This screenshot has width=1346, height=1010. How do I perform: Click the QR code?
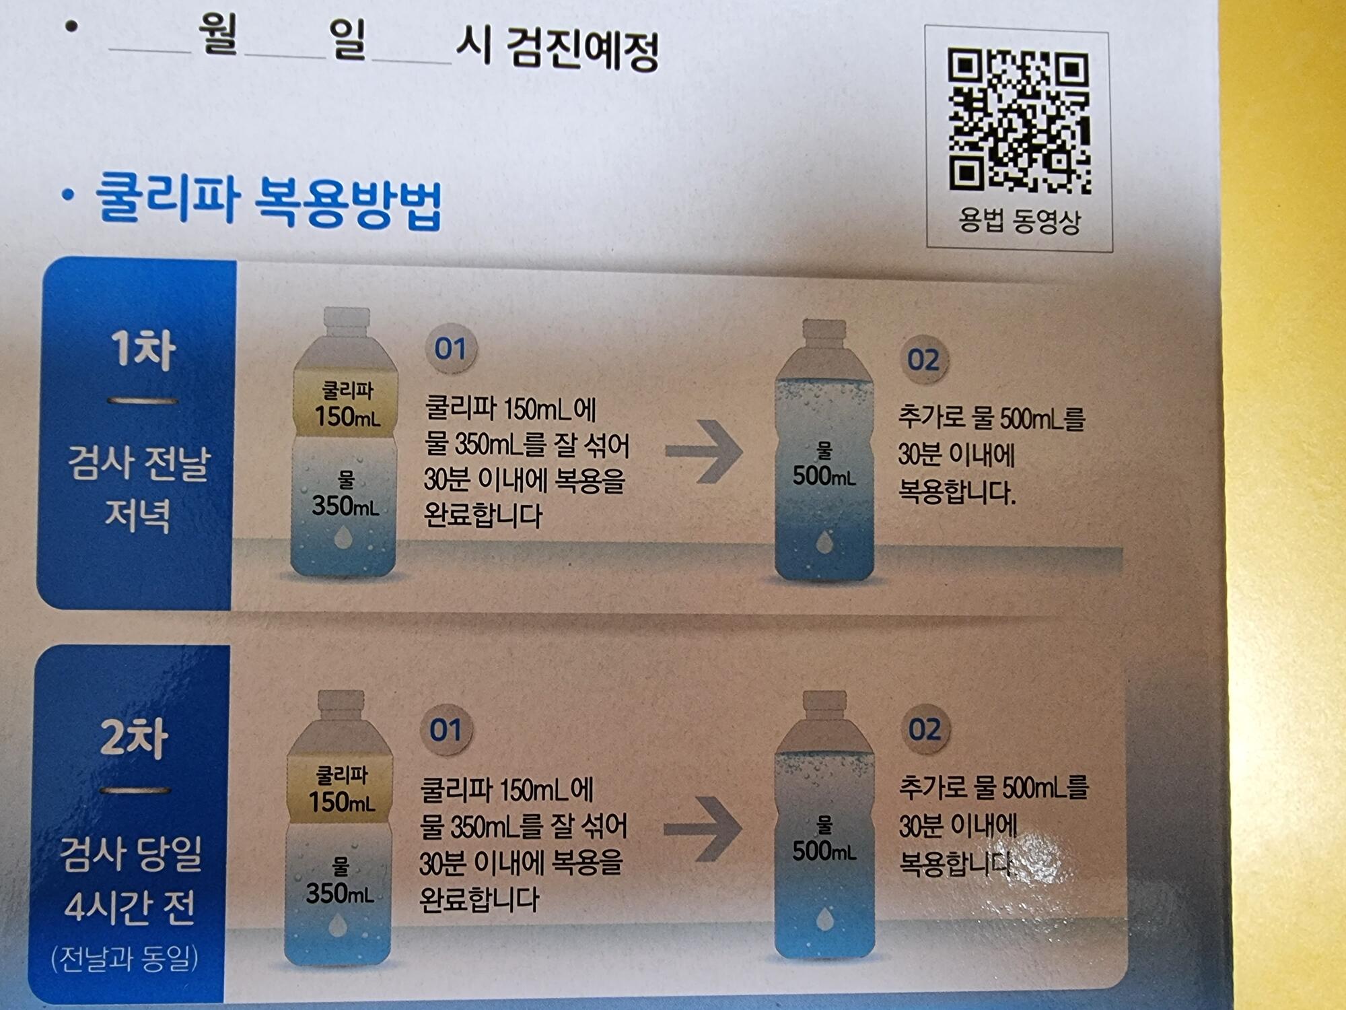(1018, 120)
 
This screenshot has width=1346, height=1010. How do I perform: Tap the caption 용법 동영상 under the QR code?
(1019, 220)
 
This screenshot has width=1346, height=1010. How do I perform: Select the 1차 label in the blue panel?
(143, 349)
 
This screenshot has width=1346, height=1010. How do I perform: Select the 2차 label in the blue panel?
(134, 738)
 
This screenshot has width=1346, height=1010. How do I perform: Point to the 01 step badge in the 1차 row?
(450, 349)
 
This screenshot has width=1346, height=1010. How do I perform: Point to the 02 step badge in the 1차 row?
(923, 360)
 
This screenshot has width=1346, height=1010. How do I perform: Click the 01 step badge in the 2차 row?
(446, 730)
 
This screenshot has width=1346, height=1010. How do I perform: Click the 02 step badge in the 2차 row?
(925, 729)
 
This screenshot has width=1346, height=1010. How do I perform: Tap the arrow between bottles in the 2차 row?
(703, 829)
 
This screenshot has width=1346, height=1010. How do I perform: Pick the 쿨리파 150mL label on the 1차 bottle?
(347, 404)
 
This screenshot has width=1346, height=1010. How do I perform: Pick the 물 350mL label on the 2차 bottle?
(340, 881)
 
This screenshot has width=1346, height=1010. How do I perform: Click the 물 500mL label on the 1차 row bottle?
(824, 465)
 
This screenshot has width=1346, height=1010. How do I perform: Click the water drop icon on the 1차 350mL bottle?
(343, 537)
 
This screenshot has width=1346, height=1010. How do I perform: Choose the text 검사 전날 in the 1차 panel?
(139, 463)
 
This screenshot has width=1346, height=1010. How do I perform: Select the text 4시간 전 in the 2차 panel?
(130, 906)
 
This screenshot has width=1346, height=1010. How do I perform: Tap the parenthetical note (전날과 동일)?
(125, 959)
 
